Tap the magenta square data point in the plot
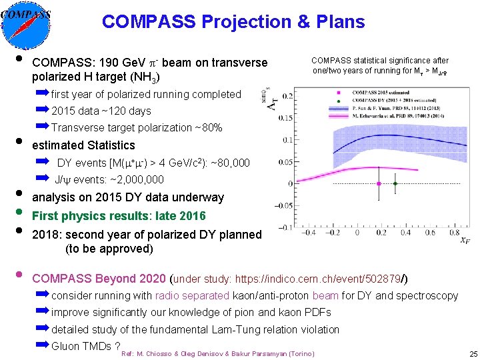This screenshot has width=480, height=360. click(379, 183)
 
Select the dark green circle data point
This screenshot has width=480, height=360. click(395, 183)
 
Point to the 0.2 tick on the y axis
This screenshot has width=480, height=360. click(287, 97)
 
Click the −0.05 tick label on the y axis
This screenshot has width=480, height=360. click(283, 205)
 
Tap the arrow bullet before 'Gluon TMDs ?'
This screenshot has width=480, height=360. click(43, 345)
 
